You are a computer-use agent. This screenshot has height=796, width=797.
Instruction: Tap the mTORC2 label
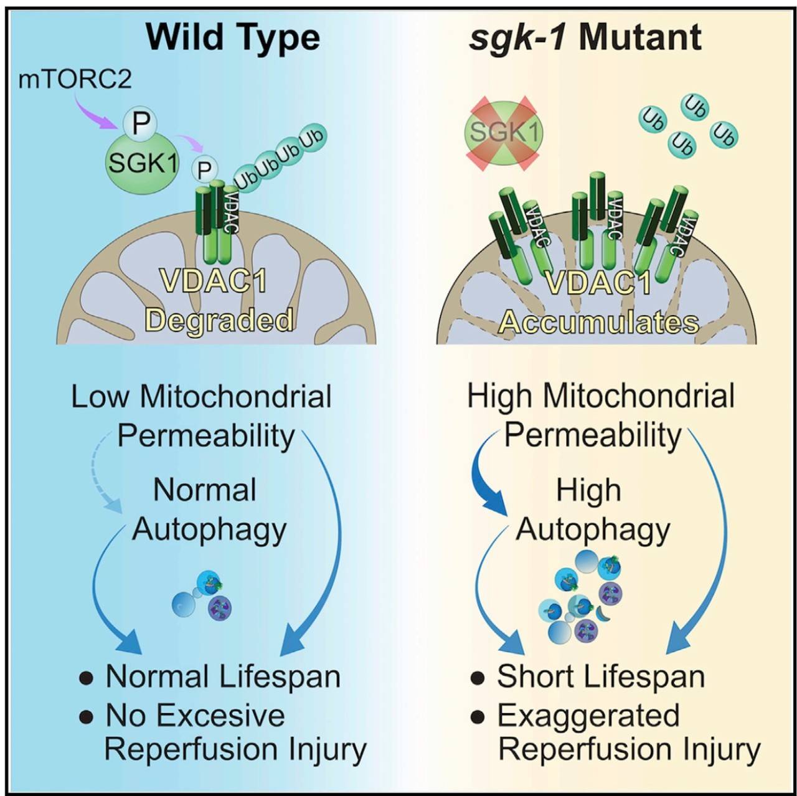coord(75,80)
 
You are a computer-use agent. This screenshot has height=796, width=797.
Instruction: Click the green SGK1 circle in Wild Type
coord(143,163)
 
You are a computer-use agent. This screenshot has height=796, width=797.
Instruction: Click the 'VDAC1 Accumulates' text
coord(599,303)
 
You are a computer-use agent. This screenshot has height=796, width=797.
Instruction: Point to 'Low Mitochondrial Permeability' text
coord(202,416)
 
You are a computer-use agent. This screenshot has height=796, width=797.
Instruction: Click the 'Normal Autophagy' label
coord(208,509)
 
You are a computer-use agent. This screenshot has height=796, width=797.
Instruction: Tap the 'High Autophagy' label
coord(592,509)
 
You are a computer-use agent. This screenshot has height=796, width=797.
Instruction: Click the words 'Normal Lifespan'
coord(223,676)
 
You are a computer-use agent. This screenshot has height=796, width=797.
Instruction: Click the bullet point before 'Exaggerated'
coord(478,717)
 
